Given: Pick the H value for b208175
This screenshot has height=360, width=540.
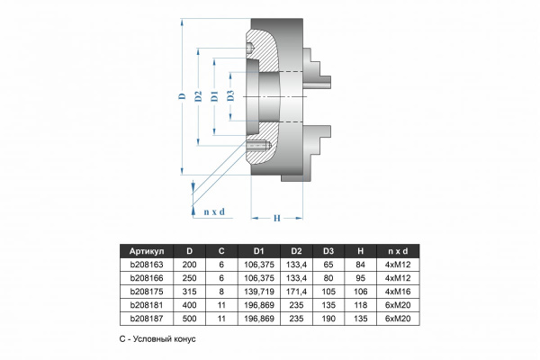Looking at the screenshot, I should pos(360,292).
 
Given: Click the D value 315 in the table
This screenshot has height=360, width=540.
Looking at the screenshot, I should pos(188,292).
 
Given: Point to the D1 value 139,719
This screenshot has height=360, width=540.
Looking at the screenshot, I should pos(258,292).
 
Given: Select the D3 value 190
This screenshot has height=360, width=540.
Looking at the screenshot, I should pos(328,318).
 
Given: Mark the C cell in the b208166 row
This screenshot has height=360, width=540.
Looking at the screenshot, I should pos(221,279).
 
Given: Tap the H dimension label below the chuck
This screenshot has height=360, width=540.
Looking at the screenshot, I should pos(277,218).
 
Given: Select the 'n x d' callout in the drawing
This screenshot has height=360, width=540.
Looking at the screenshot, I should pos(213,211).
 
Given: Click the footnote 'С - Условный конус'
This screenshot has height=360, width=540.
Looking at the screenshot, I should pos(157,341).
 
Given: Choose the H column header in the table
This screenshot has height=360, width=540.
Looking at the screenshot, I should pos(360,251).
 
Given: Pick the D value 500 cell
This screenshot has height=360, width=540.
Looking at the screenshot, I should pos(188,318).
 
